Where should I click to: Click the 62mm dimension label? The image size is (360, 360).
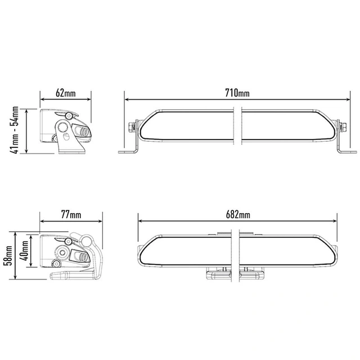pos(65,93)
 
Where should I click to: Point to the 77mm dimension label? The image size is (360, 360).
pos(71,214)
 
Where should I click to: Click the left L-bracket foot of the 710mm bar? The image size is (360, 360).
pos(127,152)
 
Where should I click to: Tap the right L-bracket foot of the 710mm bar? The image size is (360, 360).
pos(347,152)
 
